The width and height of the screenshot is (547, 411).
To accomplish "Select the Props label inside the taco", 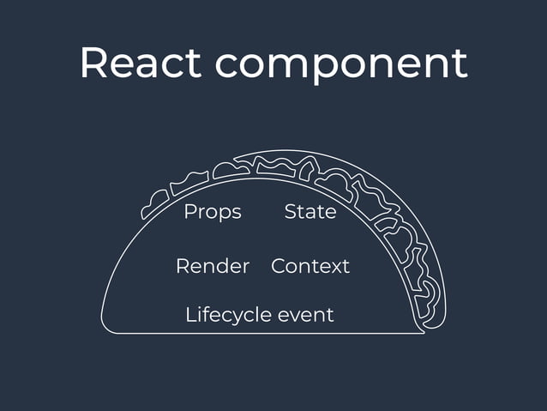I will pos(213,212).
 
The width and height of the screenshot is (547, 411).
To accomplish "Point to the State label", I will pos(310,211).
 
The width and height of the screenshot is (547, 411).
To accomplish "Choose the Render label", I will pos(213,266).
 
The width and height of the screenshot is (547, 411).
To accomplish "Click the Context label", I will pos(310,266).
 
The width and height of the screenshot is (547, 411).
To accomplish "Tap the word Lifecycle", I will pos(227,315).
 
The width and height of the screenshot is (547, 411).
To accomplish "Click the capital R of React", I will pos(94,63).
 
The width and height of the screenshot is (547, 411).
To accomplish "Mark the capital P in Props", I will pos(189,211).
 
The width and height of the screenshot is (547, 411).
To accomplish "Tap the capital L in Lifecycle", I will pos(190,314).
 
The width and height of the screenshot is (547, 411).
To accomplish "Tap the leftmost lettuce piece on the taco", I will pos(154,204).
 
